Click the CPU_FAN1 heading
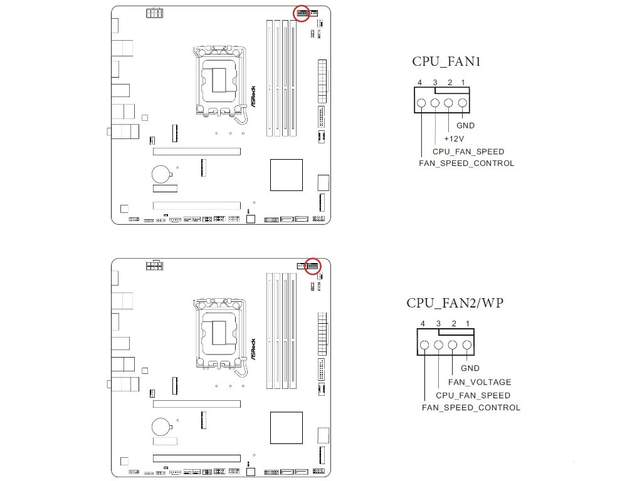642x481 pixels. tap(446, 61)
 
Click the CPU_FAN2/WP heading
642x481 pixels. tap(455, 303)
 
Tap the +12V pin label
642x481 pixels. tap(454, 138)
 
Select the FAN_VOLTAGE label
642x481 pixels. tap(480, 382)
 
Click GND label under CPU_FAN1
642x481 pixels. tap(466, 125)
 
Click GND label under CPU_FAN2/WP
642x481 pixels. tap(470, 368)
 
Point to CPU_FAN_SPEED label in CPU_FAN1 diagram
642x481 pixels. tap(468, 152)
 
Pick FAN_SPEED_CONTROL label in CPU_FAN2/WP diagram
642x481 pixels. tap(471, 407)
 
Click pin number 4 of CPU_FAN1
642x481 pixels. tap(419, 83)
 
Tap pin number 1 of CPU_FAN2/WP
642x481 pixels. tap(468, 324)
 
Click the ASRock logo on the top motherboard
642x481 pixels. tap(253, 96)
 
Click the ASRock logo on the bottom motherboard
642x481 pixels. tap(253, 349)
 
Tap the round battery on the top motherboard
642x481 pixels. tap(160, 174)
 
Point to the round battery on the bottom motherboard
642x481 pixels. tap(160, 427)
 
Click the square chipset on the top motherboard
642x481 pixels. tap(286, 175)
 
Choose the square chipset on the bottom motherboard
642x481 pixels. tap(286, 428)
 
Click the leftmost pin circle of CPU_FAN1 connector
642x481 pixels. tap(421, 103)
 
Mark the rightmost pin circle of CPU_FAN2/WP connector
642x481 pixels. tap(466, 345)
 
